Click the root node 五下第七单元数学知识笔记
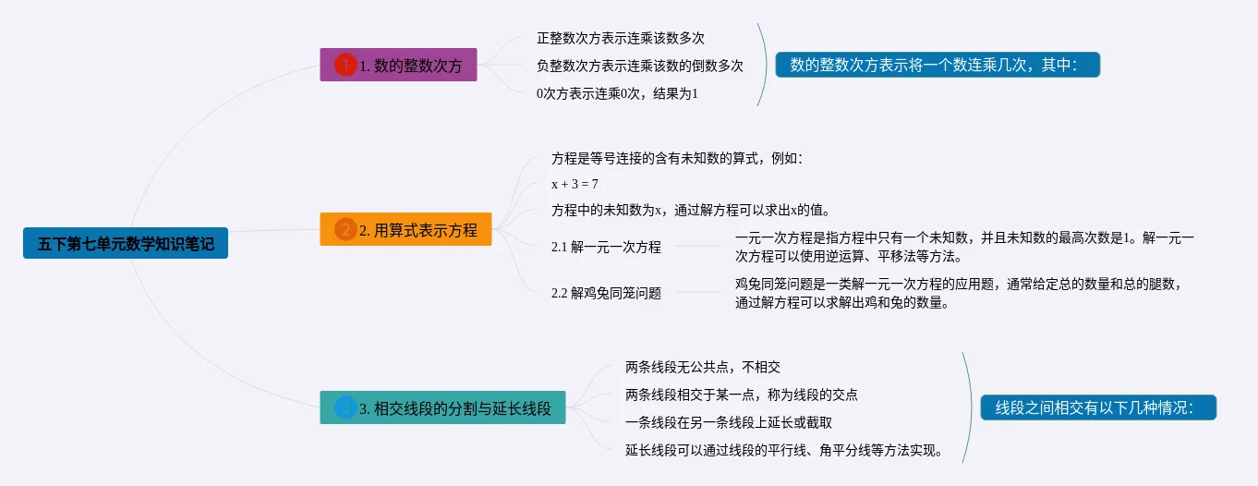click(126, 243)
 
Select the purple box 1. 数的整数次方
click(398, 65)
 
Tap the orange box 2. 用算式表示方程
click(405, 229)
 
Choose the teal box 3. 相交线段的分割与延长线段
click(442, 407)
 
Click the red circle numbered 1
click(345, 65)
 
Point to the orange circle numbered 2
click(345, 229)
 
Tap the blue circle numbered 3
click(345, 407)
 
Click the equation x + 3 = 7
click(575, 184)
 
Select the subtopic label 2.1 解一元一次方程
click(606, 247)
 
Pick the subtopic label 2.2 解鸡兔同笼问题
click(606, 293)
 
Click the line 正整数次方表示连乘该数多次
click(620, 38)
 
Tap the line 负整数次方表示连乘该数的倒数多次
click(640, 66)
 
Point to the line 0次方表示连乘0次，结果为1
click(617, 93)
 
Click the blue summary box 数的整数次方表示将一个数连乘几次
click(937, 65)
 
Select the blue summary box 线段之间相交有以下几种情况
click(1098, 407)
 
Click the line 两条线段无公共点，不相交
click(703, 367)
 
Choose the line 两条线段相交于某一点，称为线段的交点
click(742, 395)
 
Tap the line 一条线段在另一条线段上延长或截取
click(729, 422)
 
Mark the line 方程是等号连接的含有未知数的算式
click(677, 158)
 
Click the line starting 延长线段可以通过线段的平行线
click(784, 450)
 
